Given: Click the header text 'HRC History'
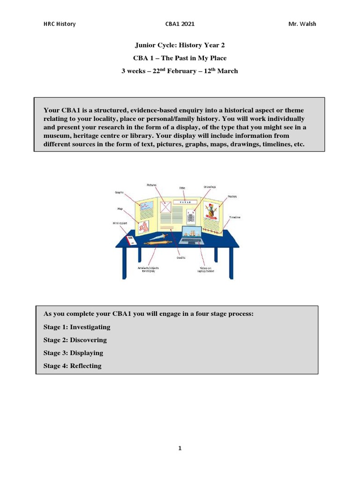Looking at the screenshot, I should [x=59, y=24].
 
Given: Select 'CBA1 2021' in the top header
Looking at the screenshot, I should [x=180, y=24].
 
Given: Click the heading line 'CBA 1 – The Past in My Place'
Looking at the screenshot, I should [x=180, y=58].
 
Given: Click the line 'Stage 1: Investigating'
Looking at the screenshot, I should [x=77, y=327].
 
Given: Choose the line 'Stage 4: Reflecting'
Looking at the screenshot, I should [x=72, y=366].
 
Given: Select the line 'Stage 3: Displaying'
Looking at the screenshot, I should [x=73, y=353].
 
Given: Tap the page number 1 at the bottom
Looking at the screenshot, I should [x=180, y=449].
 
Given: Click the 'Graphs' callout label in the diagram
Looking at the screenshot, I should [x=120, y=192].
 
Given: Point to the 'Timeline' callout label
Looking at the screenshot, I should [x=235, y=217].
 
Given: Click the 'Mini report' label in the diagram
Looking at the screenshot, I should [x=120, y=224].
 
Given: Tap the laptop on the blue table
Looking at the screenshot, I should [x=189, y=236].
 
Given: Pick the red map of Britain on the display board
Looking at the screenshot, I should [x=142, y=227].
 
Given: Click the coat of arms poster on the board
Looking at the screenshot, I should [x=212, y=211].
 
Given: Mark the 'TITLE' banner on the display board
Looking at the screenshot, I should [x=184, y=202].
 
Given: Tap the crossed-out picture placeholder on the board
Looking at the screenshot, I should [x=165, y=207].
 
